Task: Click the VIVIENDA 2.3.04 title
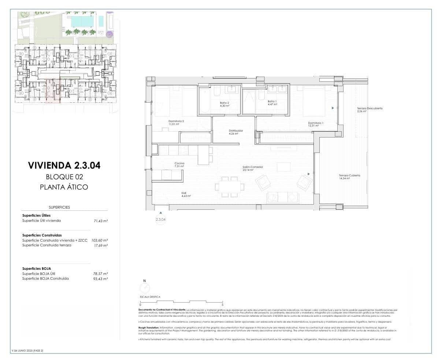[x=64, y=165]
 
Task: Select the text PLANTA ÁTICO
[x=64, y=187]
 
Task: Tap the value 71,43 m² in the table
[x=100, y=221]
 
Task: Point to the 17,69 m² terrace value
[x=100, y=245]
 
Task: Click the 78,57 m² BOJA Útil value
[x=100, y=274]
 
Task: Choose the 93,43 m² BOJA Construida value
[x=100, y=279]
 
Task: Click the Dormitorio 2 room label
[x=176, y=121]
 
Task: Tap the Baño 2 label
[x=224, y=103]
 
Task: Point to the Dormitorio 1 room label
[x=315, y=123]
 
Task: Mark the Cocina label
[x=179, y=164]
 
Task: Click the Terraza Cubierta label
[x=349, y=176]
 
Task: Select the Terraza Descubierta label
[x=370, y=109]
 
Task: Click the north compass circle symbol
[x=145, y=288]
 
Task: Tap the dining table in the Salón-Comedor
[x=230, y=187]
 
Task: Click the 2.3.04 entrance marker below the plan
[x=160, y=219]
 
